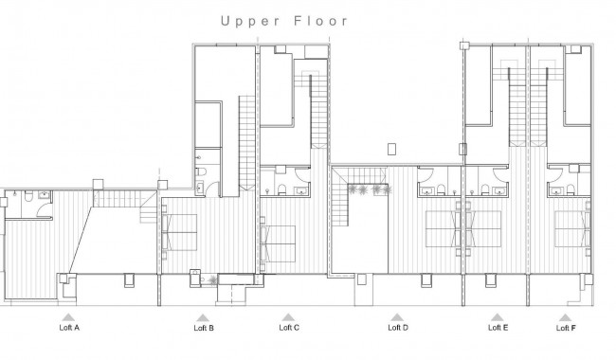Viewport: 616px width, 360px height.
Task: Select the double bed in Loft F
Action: pyautogui.click(x=572, y=227)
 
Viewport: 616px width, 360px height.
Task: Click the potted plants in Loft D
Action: pyautogui.click(x=368, y=189)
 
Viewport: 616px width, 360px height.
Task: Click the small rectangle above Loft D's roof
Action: pyautogui.click(x=391, y=148)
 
